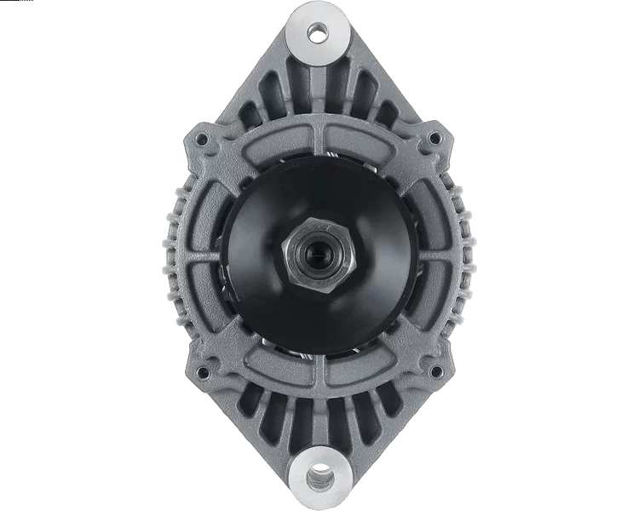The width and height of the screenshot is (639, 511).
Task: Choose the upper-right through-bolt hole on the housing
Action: pos(435,137)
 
